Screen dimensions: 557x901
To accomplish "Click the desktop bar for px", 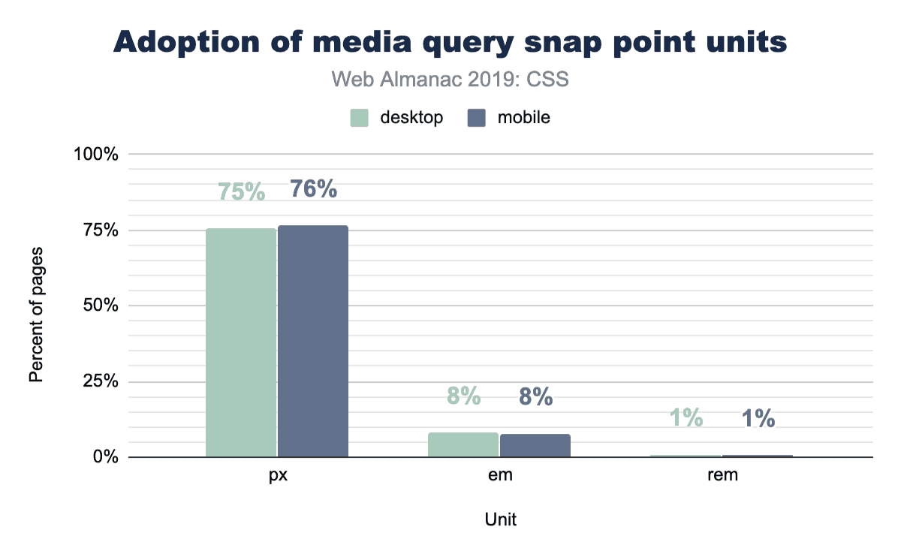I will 241,342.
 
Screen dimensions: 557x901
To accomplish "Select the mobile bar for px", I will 313,341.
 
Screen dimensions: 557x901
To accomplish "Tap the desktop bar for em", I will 463,444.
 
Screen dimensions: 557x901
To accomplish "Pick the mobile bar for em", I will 535,445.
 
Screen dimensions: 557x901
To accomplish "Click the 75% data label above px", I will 242,192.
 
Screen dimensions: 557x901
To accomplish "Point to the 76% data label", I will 313,189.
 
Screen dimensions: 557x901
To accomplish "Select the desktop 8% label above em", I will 463,396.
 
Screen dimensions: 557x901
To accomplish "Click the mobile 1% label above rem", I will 758,419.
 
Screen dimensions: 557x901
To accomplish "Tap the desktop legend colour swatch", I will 360,118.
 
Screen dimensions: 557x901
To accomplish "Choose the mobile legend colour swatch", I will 476,118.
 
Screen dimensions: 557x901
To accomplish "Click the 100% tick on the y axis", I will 97,154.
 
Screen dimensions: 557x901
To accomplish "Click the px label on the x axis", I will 277,475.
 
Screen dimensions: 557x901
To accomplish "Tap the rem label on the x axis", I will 722,475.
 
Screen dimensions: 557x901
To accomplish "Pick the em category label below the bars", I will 499,475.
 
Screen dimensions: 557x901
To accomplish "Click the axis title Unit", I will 500,519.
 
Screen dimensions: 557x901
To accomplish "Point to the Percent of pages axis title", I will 36,313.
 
